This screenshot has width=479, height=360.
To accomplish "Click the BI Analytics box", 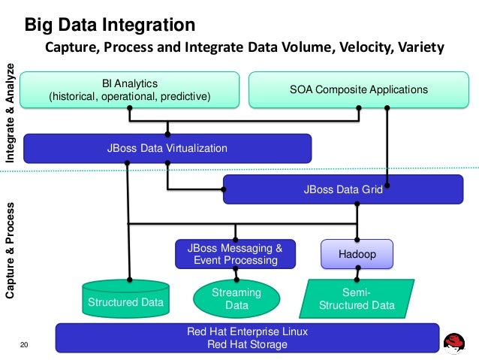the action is click(130, 90).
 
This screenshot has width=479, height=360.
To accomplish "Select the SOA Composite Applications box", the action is click(359, 90).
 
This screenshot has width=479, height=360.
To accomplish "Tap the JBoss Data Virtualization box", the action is click(167, 148).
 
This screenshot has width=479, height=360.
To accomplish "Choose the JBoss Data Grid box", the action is click(343, 189).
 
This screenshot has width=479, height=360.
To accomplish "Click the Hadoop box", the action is click(357, 254).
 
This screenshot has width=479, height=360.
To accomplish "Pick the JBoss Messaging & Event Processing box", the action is click(235, 254).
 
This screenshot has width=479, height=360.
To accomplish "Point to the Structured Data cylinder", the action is click(126, 299).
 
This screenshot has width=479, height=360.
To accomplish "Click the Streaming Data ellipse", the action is click(236, 299).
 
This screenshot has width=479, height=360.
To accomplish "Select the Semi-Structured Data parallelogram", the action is click(357, 299).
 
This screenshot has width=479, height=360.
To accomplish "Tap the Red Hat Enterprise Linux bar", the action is click(248, 338).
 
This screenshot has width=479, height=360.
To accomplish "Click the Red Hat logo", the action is click(454, 343).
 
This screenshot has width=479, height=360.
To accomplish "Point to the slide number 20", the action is click(24, 345).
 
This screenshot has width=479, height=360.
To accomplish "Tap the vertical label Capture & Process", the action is click(10, 250).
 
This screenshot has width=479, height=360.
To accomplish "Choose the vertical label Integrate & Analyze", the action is click(10, 113).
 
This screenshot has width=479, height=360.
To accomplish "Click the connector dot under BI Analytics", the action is click(130, 108).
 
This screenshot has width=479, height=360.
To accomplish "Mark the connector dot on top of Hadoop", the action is click(357, 240).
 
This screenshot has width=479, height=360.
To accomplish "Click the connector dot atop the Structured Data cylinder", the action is click(130, 280).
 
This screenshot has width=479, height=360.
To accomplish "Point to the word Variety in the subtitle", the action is click(417, 47).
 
